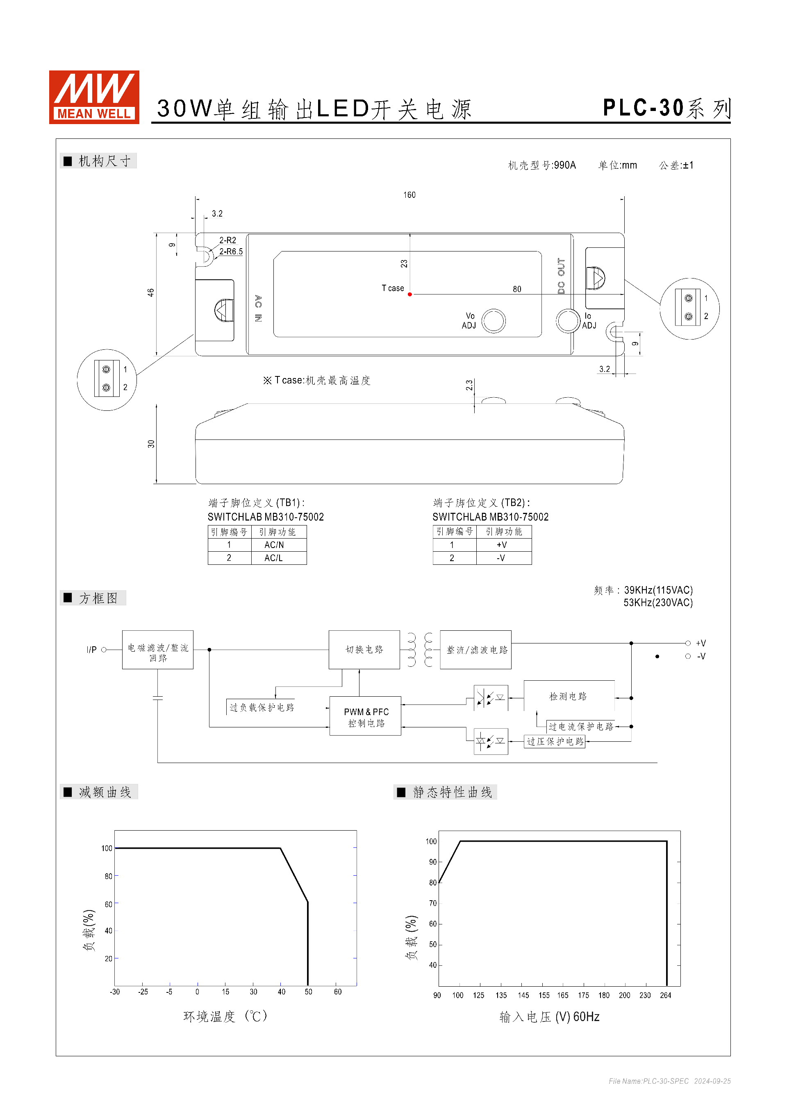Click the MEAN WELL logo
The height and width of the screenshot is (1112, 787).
click(x=94, y=97)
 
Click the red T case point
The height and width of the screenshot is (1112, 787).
click(x=410, y=294)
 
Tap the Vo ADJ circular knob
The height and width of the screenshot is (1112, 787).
click(x=494, y=321)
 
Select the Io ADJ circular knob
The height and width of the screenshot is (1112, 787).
click(x=568, y=321)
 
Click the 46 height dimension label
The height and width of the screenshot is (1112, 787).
click(x=151, y=293)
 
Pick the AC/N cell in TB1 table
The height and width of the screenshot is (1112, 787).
click(x=274, y=545)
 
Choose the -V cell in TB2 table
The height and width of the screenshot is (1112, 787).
click(x=501, y=558)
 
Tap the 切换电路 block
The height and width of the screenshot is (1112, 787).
click(x=364, y=650)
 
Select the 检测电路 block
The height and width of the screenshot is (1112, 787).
click(x=568, y=696)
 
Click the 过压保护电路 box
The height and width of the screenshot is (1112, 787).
click(x=555, y=741)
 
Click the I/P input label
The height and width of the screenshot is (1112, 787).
click(x=91, y=650)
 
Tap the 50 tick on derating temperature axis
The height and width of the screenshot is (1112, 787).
click(x=308, y=992)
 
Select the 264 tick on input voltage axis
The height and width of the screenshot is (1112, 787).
click(x=665, y=996)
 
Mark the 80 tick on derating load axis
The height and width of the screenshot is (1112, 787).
click(x=108, y=876)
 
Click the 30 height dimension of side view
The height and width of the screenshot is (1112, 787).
click(x=151, y=444)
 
